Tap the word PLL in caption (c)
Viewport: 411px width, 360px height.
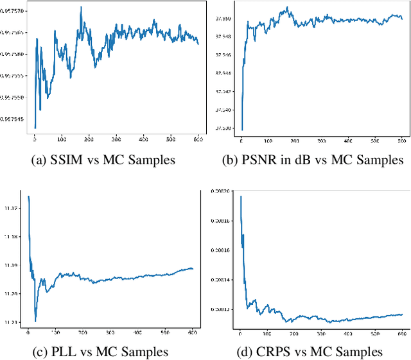(65, 352)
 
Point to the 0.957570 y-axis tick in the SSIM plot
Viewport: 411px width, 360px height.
(13, 11)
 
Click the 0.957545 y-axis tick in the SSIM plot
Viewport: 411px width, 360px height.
(13, 119)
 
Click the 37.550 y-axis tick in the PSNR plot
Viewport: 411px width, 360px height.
(225, 18)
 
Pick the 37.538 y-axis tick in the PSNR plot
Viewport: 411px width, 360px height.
(225, 128)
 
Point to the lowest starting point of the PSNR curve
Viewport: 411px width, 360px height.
(242, 130)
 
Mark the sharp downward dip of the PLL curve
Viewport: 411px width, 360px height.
(35, 321)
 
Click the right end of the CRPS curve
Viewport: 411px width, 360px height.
(402, 314)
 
